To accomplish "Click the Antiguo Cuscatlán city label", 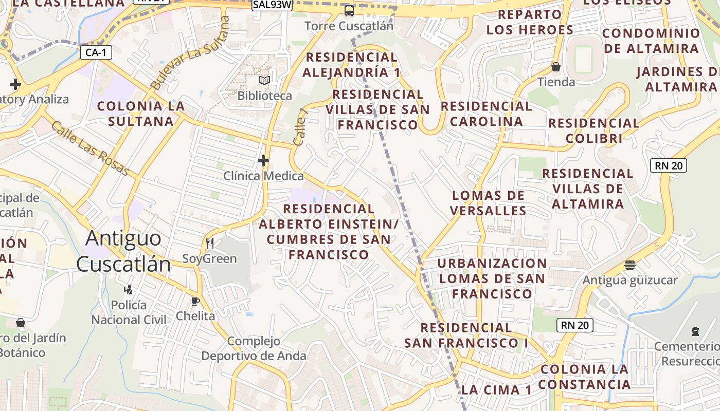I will pos(123,251).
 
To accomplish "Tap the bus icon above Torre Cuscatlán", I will pos(349,10).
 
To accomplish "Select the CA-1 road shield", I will pos(96,52).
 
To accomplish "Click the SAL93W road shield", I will pos(272,5).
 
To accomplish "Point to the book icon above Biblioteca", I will pos(264,81).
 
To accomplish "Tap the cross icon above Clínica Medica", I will pos(263,161).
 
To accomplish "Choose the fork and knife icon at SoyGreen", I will pos(209,243).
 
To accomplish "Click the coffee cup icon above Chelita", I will pos(195,301).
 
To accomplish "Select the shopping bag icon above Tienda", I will pos(556,67).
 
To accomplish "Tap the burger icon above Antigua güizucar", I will pos(630,265).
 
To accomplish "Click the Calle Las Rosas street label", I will pos(90,148).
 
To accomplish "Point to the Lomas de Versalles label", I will pos(488,203).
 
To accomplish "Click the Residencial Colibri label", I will pos(594,130).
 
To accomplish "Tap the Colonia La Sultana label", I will pos(141,114).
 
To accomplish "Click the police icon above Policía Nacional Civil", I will pos(129,290).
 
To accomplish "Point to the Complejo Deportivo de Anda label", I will pos(254,348).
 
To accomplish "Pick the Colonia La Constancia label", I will pos(585,377).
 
